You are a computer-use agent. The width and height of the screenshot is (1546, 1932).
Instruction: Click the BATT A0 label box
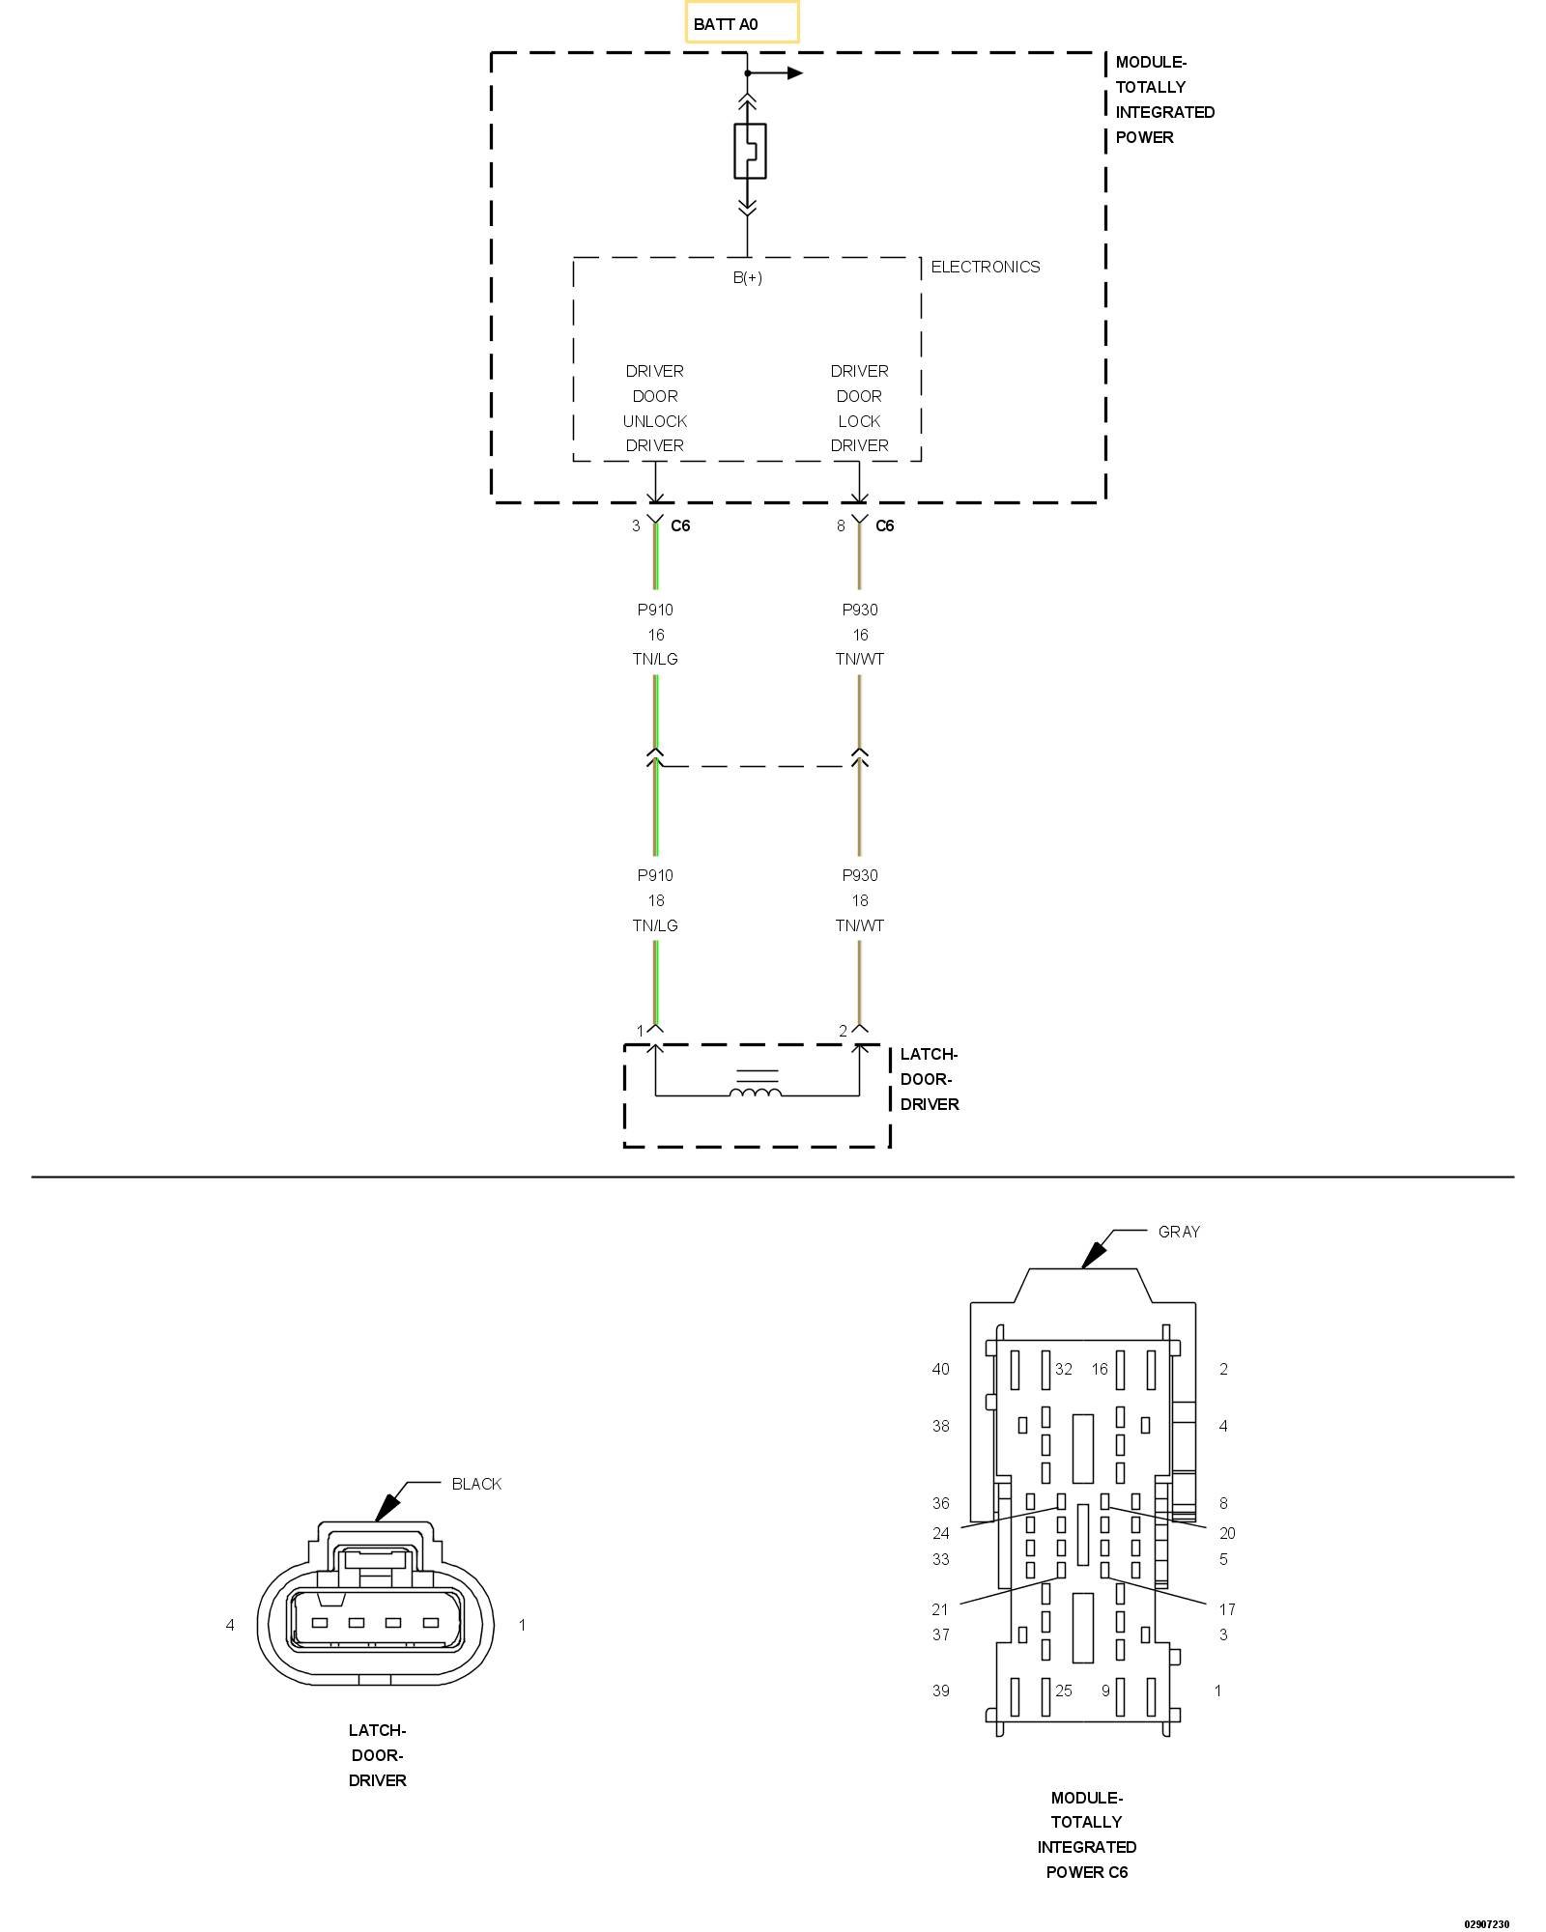742,23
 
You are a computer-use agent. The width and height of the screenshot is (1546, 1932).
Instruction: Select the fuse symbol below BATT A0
750,151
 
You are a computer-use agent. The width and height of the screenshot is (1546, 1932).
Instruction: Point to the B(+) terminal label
747,278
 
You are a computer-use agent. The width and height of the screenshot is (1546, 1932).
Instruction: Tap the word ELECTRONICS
985,267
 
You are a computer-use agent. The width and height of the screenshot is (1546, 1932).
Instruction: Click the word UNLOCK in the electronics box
654,421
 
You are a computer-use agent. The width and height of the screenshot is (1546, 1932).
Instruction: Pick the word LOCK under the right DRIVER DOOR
859,421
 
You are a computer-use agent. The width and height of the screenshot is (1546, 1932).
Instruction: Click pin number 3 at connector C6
636,526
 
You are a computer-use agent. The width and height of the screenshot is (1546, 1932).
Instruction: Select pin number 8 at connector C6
841,526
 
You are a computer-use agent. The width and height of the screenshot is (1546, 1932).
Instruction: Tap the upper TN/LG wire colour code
655,659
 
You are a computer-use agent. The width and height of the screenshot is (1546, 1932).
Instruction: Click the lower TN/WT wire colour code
859,925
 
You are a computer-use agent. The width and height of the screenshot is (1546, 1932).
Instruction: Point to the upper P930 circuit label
859,610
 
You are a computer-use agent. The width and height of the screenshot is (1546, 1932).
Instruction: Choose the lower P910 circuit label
655,875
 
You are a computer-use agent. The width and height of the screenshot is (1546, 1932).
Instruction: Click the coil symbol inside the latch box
756,1093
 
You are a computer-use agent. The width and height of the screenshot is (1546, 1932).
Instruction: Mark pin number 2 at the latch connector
843,1031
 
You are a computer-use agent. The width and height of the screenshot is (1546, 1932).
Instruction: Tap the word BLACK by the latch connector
476,1484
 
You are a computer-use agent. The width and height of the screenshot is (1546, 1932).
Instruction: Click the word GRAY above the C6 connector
1179,1232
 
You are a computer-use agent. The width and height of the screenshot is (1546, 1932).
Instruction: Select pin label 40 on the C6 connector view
940,1369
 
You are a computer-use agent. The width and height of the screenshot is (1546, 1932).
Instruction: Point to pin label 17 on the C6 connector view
1226,1609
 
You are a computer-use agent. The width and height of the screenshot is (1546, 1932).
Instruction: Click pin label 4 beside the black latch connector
230,1625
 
